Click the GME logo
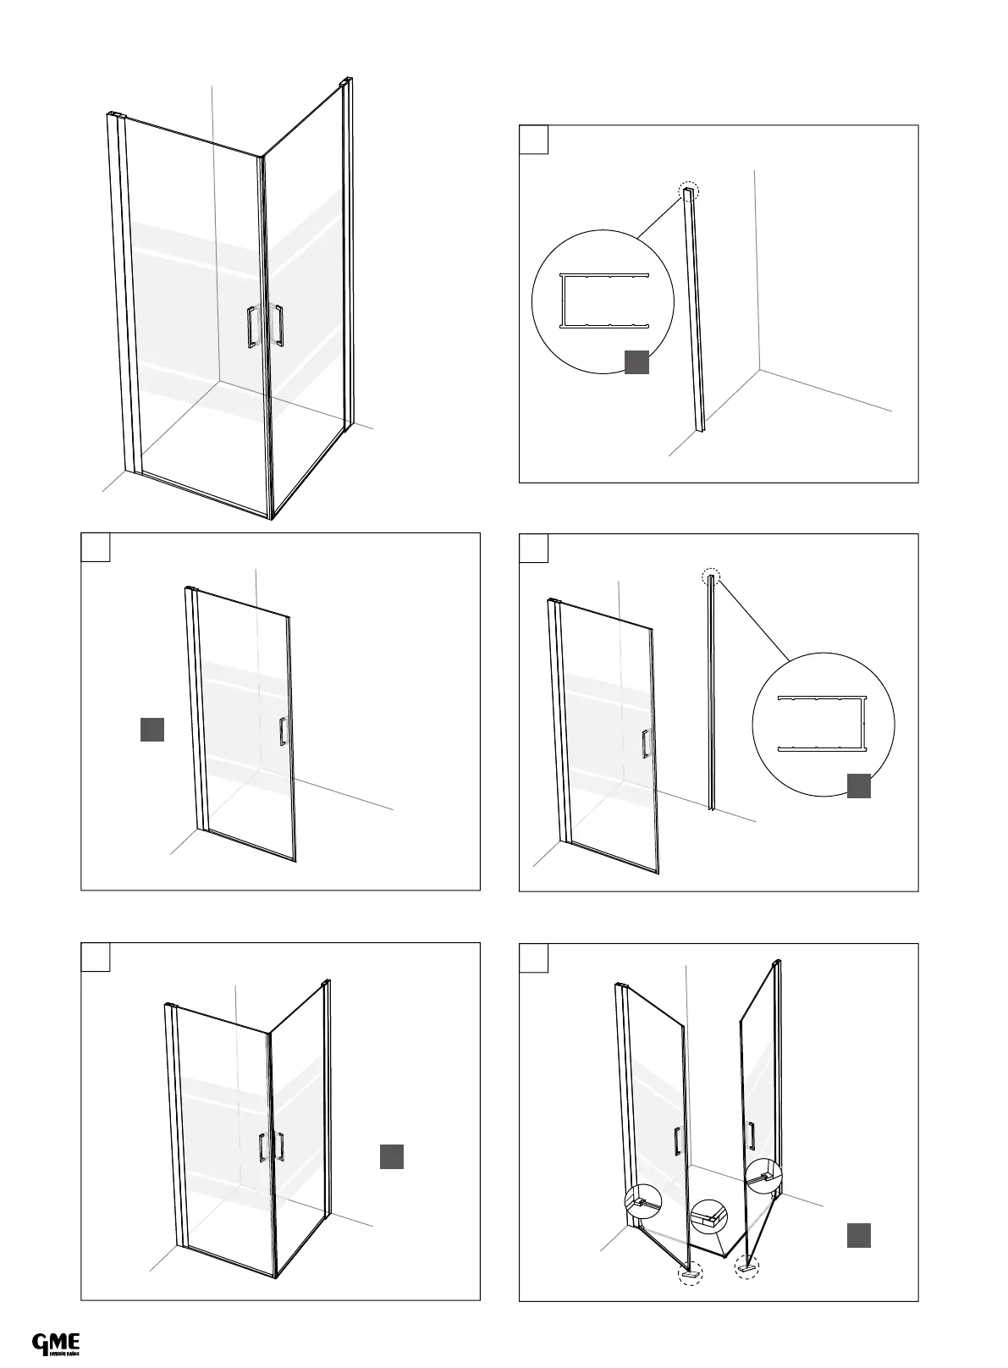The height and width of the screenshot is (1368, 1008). [56, 1343]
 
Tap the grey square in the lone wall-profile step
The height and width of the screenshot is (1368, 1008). [636, 361]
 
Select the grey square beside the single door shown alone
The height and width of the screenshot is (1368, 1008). [151, 729]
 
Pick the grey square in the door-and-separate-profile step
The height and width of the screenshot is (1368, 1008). [859, 786]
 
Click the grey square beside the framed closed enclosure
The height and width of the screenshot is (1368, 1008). [391, 1156]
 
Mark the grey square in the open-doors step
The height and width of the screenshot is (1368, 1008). [859, 1235]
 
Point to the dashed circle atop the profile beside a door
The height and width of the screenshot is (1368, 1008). [712, 577]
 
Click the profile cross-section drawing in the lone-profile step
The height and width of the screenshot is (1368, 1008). [603, 300]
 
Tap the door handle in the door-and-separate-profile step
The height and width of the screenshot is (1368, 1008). [646, 743]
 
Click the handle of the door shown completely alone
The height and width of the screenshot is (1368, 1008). [283, 731]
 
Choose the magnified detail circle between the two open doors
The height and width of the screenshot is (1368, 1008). [708, 1217]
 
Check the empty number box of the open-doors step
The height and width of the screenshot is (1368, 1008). [533, 957]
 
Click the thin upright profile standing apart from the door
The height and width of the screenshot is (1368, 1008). [712, 694]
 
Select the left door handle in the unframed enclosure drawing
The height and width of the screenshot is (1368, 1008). [251, 328]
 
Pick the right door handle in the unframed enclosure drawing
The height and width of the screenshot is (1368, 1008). [278, 325]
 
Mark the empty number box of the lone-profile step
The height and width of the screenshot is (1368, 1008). [533, 140]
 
